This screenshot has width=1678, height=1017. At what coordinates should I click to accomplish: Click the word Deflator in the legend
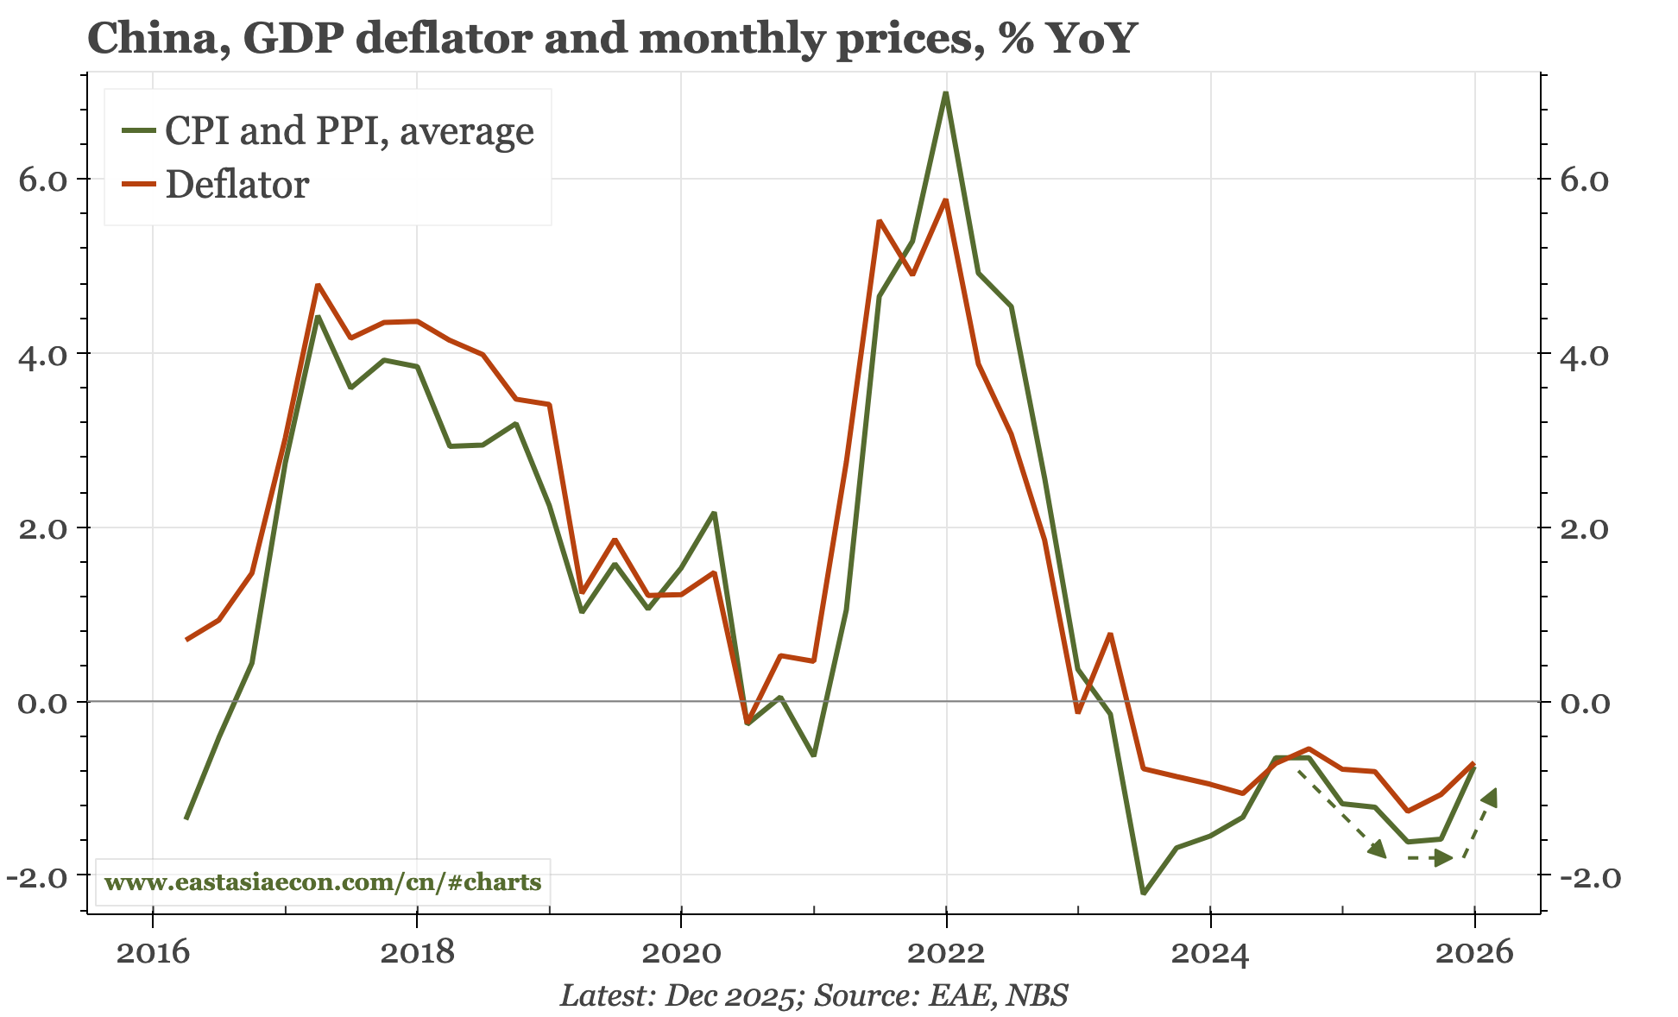tap(237, 185)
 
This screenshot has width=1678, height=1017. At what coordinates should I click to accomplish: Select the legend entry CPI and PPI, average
tap(349, 130)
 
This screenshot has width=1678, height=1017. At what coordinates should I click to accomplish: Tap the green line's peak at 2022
tap(946, 93)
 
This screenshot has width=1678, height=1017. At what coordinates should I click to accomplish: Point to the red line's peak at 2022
tap(946, 200)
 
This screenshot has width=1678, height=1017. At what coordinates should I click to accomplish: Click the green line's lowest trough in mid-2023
tap(1143, 893)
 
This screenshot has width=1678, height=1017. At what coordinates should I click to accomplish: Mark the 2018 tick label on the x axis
tap(417, 953)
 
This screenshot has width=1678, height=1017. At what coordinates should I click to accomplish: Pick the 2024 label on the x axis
tap(1210, 953)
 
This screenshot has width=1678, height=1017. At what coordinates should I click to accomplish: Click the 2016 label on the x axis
tap(153, 953)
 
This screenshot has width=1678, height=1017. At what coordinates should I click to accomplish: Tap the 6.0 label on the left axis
tap(42, 180)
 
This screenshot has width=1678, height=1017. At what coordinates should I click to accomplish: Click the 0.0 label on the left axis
tap(42, 702)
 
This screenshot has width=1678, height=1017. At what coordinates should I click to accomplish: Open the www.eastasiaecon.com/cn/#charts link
tap(322, 882)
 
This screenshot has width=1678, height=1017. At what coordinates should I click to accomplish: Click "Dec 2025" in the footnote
tap(729, 995)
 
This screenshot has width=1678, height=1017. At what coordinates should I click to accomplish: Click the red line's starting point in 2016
tap(187, 639)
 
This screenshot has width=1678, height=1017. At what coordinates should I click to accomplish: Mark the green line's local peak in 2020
tap(714, 514)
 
